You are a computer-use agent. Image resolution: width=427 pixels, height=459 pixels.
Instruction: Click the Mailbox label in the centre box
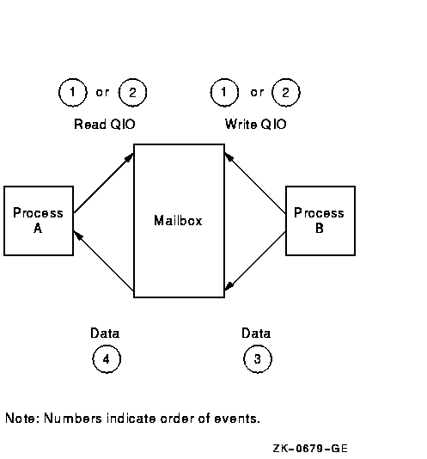[178, 220]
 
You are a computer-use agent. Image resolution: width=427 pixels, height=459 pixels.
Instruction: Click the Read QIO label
[105, 124]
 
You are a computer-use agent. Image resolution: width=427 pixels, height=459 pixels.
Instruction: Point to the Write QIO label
[255, 124]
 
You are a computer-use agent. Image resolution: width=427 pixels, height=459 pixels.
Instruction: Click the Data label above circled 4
[105, 334]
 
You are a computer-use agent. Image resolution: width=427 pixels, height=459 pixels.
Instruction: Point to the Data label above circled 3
[256, 334]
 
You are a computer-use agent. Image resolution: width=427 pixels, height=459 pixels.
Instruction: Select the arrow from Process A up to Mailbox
[104, 183]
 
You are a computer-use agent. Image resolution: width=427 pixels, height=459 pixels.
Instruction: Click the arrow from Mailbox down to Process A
[104, 260]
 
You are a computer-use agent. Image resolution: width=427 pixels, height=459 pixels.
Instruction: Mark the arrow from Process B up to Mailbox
[255, 183]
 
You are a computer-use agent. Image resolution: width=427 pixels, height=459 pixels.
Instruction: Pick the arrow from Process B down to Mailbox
[255, 260]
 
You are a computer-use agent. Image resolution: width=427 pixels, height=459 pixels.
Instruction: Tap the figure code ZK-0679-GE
[310, 448]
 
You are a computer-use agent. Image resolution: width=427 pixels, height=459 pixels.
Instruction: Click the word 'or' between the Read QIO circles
[102, 93]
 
